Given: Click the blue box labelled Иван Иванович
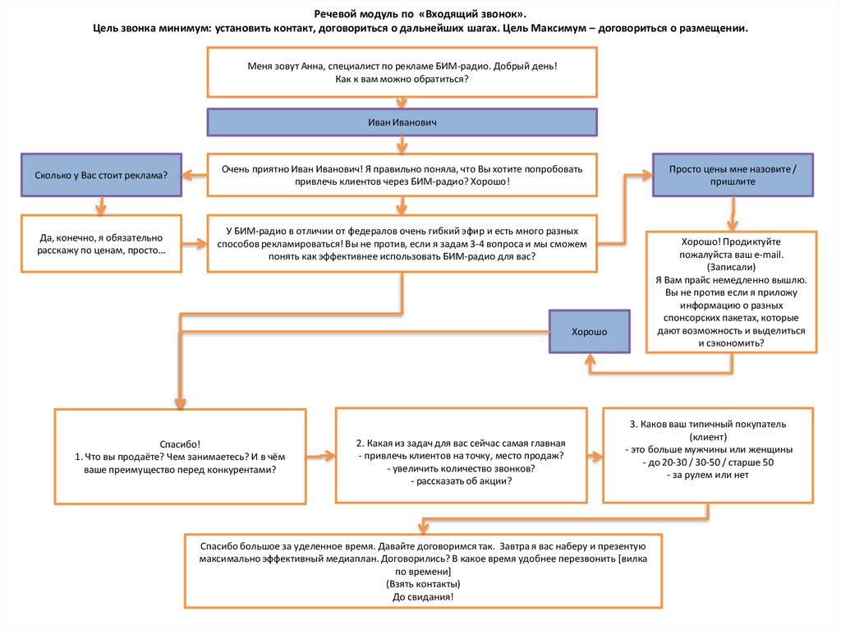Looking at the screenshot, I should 401,122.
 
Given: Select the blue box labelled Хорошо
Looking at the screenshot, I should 589,331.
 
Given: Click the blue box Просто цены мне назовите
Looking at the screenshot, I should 733,175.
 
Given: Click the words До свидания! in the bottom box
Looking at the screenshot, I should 424,596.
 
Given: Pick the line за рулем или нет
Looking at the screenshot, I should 708,475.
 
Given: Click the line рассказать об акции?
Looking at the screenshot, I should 462,481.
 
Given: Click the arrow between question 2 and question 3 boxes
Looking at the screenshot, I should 595,454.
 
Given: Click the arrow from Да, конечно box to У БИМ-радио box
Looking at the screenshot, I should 194,242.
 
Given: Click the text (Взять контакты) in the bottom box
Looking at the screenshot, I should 424,583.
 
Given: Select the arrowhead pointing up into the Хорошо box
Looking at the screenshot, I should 589,359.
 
